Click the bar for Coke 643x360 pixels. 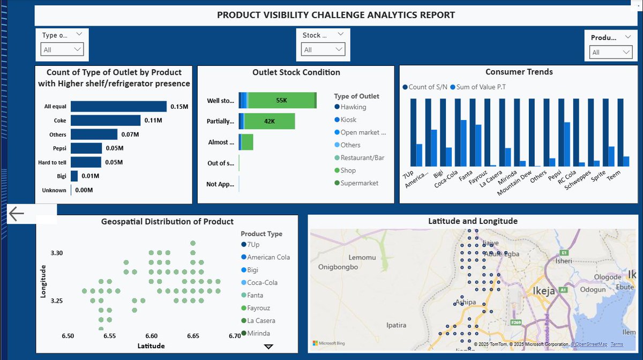coord(106,121)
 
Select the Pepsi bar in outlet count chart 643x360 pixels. coord(86,148)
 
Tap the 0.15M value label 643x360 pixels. coord(180,107)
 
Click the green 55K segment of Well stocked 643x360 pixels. coord(281,101)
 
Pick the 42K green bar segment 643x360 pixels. coord(270,121)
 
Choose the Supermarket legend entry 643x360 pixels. coord(359,183)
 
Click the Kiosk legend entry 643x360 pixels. coord(348,120)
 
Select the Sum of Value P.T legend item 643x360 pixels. coord(481,87)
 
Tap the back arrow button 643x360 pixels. coord(17,214)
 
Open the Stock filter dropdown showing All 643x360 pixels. coord(323,50)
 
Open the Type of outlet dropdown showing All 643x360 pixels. coord(63,50)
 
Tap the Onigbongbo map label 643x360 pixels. coord(340,267)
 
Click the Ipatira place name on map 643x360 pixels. coord(396,325)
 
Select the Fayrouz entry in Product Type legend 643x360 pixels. coord(262,308)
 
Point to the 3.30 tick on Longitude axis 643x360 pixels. coord(57,253)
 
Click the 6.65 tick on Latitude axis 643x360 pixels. coord(193,336)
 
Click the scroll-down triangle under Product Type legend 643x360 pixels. coord(268,347)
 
